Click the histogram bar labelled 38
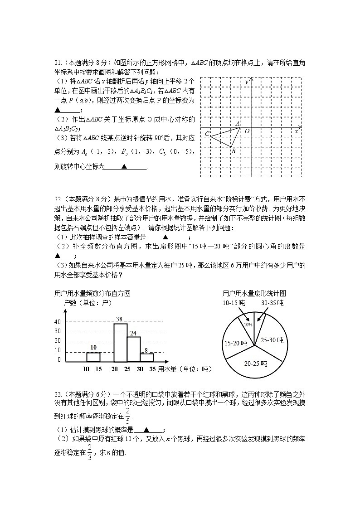(x=120, y=342)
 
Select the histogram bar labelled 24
(x=134, y=349)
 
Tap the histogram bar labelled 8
(x=147, y=357)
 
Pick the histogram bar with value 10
(x=93, y=357)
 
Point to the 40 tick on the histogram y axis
(x=57, y=321)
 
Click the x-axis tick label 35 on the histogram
(x=153, y=369)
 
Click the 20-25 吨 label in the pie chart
(x=255, y=364)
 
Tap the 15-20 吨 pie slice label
(x=235, y=344)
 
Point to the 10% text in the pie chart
(x=248, y=325)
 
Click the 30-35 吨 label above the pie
(x=272, y=303)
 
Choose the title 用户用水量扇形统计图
(x=254, y=293)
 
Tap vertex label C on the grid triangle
(x=207, y=134)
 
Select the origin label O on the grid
(x=247, y=131)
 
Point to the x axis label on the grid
(x=296, y=131)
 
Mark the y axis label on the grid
(x=246, y=82)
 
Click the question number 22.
(x=58, y=199)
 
